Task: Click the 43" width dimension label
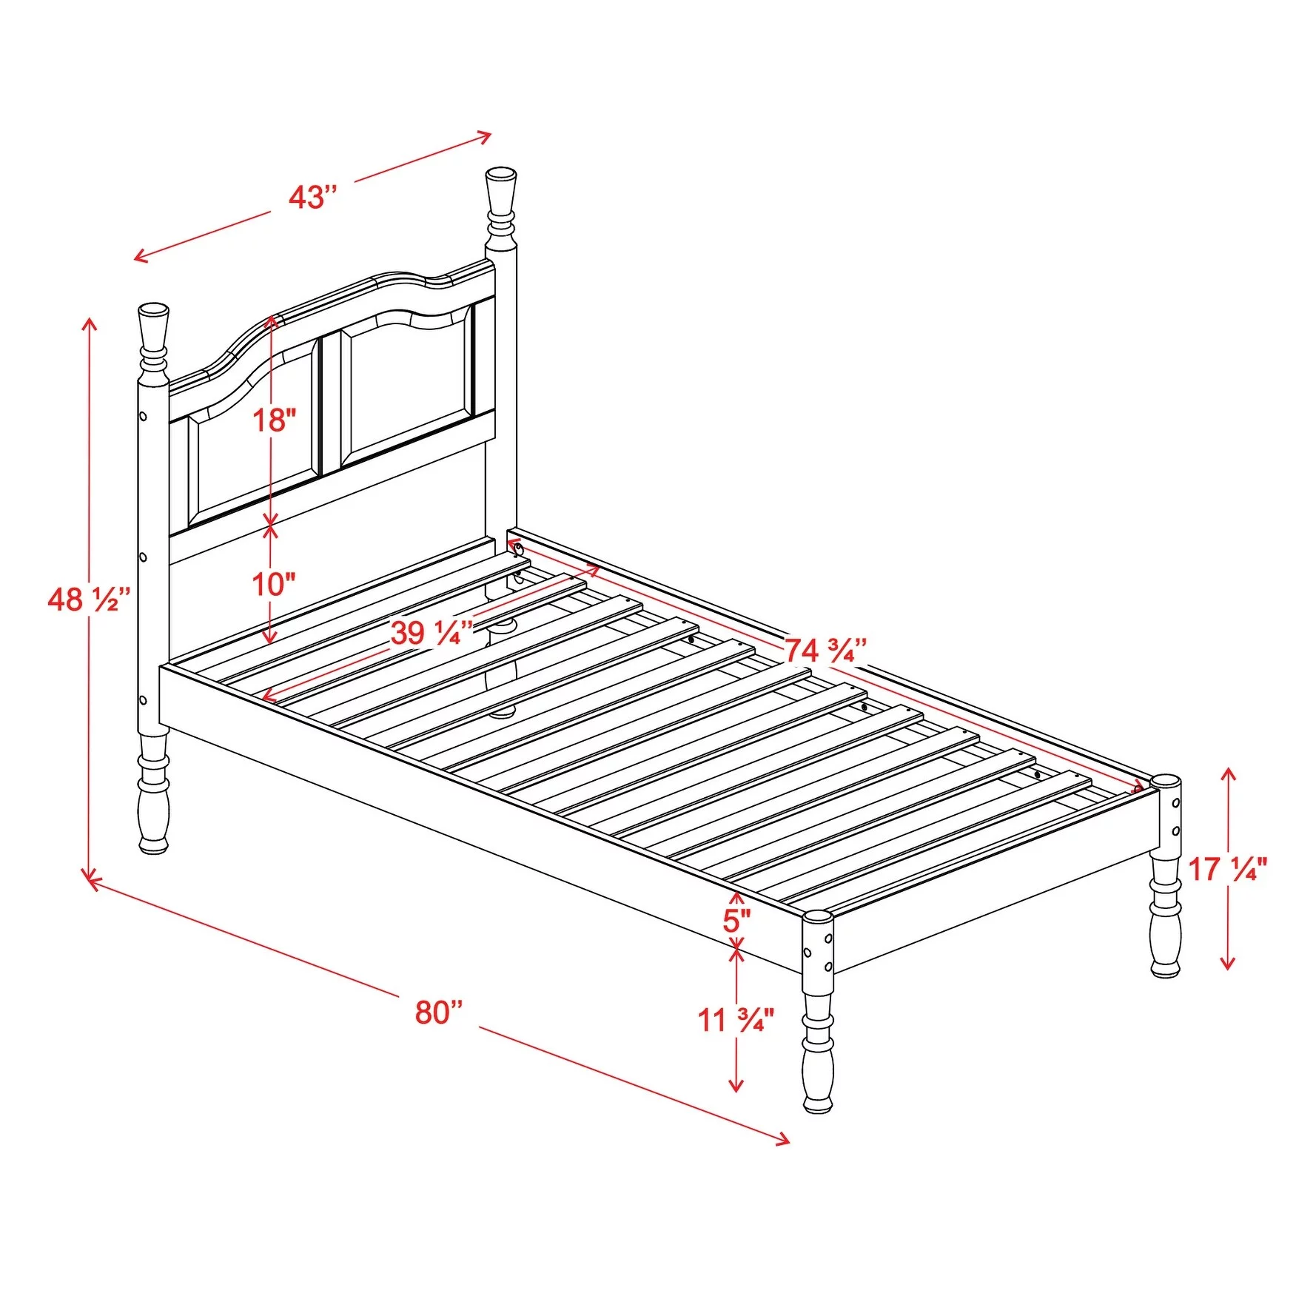pos(312,198)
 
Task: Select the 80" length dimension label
pos(439,1012)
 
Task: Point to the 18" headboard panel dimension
pos(275,420)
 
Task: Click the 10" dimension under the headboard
pos(274,584)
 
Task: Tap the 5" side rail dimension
pos(736,921)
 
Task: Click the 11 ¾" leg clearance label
pos(736,1020)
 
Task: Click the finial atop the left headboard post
pos(153,329)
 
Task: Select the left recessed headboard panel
pos(252,444)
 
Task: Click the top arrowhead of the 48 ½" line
pos(90,323)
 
